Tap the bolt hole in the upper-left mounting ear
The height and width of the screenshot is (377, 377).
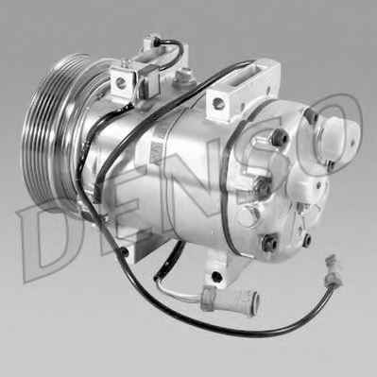pyautogui.click(x=120, y=82)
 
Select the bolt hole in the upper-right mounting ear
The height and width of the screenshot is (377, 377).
pyautogui.click(x=218, y=103)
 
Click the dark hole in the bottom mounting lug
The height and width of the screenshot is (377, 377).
pyautogui.click(x=216, y=277)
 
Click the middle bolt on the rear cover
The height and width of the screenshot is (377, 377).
pyautogui.click(x=263, y=186)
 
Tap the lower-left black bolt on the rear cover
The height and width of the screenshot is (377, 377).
pyautogui.click(x=269, y=243)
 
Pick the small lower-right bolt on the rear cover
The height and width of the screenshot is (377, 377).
pyautogui.click(x=307, y=240)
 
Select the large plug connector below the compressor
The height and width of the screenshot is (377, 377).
pyautogui.click(x=230, y=300)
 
